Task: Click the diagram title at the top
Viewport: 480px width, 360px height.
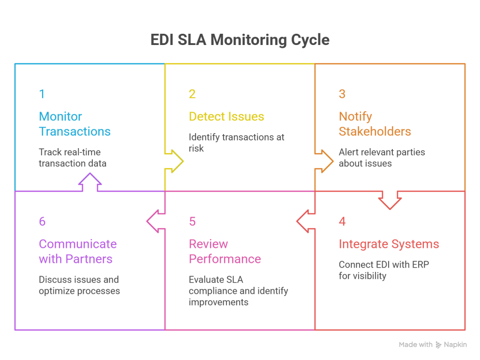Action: (x=240, y=40)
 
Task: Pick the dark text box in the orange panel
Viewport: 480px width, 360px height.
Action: (x=401, y=169)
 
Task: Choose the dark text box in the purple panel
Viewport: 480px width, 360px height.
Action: (x=94, y=302)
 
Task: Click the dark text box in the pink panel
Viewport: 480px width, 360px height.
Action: (x=239, y=302)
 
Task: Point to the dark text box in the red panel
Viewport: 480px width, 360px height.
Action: (x=384, y=293)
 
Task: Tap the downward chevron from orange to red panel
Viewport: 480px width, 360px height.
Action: (x=389, y=202)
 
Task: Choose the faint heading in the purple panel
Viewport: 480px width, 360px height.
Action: (x=77, y=255)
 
